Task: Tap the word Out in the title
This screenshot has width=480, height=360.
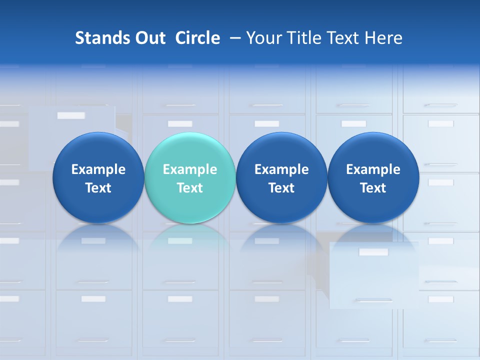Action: [148, 38]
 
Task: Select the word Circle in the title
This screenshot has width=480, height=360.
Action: [197, 38]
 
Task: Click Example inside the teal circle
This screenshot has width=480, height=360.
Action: [190, 169]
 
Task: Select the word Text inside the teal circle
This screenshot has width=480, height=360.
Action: [190, 188]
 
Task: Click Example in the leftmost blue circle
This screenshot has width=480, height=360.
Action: [98, 169]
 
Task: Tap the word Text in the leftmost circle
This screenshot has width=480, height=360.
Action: [98, 188]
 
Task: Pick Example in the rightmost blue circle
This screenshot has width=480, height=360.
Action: [373, 169]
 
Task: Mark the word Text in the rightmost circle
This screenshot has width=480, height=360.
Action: [373, 188]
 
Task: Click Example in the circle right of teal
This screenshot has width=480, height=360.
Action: [281, 169]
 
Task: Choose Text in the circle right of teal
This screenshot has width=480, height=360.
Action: [281, 188]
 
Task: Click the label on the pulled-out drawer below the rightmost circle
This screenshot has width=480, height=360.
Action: [373, 252]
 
